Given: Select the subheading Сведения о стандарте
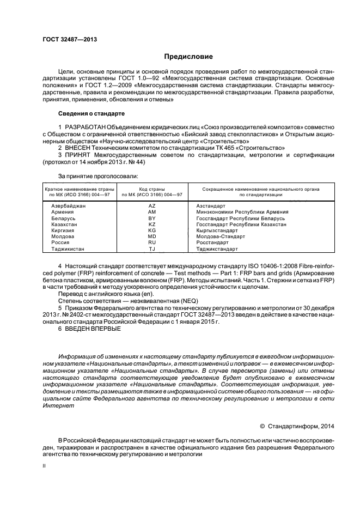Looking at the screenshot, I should coord(91,114).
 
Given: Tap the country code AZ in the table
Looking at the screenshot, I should coord(152,206).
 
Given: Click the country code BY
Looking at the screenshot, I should coord(152,218).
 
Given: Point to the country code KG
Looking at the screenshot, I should coord(152,230).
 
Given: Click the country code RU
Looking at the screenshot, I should coord(152,242).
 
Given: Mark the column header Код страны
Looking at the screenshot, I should coord(152,189).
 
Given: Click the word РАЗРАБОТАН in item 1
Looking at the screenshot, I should coord(86,127).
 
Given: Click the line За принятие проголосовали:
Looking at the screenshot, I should coord(97,176).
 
